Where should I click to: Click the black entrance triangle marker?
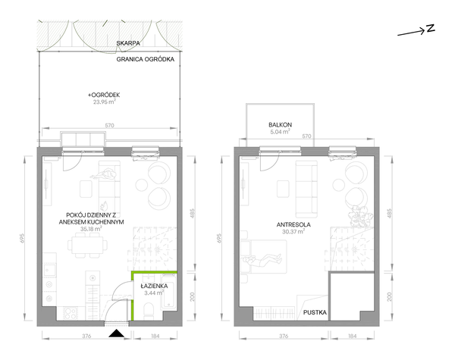click(x=116, y=333)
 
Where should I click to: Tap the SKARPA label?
click(x=128, y=43)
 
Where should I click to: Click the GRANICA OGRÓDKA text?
click(x=146, y=59)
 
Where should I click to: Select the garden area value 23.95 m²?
click(x=105, y=102)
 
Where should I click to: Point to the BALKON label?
click(x=280, y=125)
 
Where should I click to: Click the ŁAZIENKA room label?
click(x=154, y=286)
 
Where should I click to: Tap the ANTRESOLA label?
click(x=293, y=224)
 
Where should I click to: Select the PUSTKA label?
click(x=315, y=312)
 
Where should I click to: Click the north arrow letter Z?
click(x=430, y=28)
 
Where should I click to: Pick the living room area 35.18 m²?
click(x=91, y=229)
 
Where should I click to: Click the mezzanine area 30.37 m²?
click(x=293, y=231)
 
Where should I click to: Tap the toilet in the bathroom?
click(x=149, y=309)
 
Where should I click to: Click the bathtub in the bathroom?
click(x=168, y=292)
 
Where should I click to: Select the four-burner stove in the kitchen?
click(x=71, y=313)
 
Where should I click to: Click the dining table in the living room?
click(x=87, y=245)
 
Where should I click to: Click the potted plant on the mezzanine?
click(x=360, y=217)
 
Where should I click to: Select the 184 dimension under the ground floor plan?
click(x=155, y=337)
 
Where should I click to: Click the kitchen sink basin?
click(x=49, y=271)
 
